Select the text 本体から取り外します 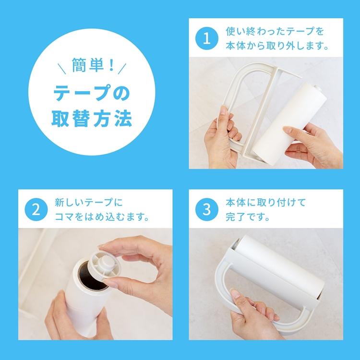pyautogui.click(x=276, y=48)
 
